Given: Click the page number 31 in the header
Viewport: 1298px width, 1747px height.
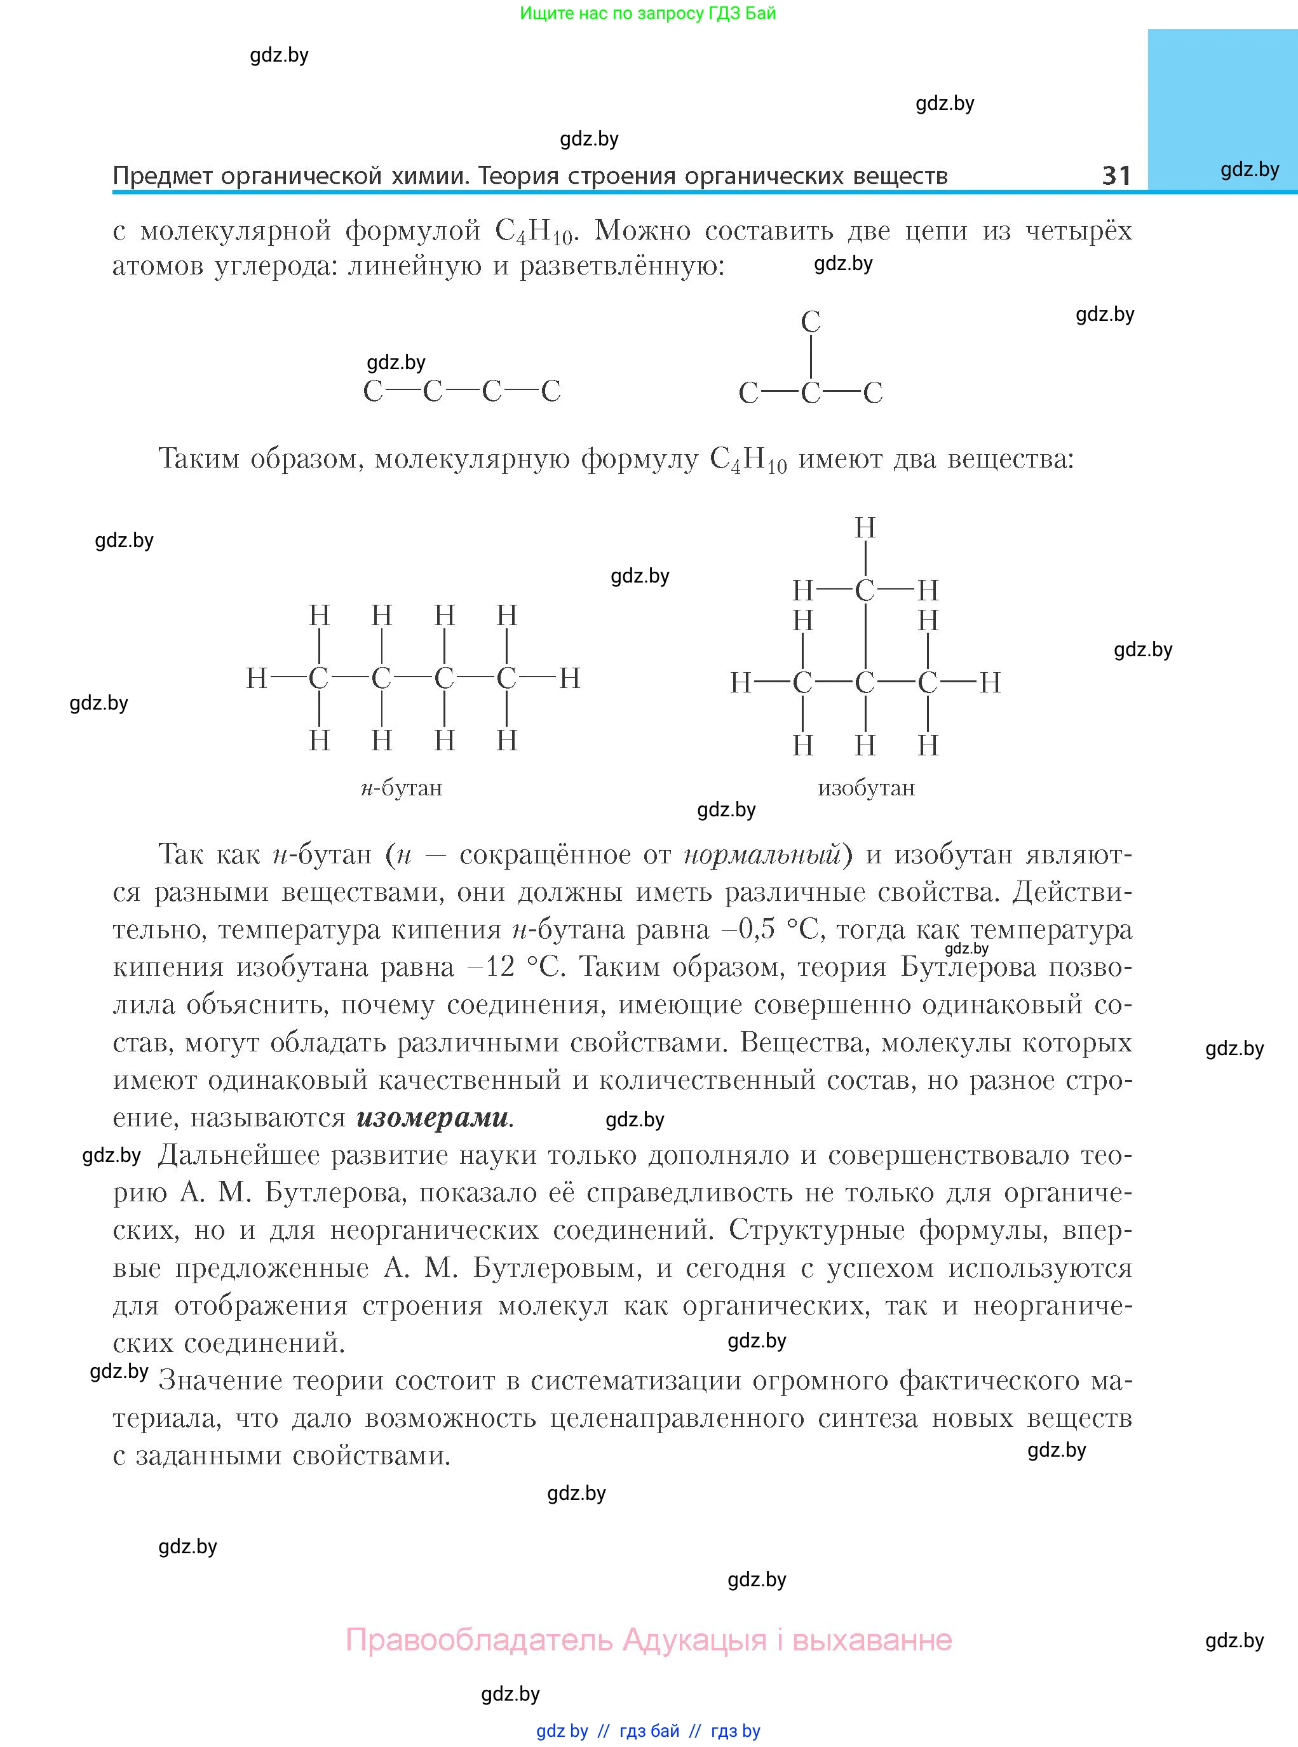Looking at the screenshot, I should pos(1116,175).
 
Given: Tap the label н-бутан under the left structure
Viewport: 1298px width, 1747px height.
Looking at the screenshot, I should pos(402,788).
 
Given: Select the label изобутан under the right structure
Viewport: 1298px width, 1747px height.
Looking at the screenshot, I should pos(866,788).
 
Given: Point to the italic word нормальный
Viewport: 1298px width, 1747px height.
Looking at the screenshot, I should pos(762,854).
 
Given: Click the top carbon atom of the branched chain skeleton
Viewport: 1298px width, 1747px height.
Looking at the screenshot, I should pos(810,321).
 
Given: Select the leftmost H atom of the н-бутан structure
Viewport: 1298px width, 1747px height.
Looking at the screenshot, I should pos(257,678).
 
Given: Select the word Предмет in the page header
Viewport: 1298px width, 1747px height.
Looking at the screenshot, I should pos(163,175).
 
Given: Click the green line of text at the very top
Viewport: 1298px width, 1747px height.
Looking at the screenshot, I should pos(647,13).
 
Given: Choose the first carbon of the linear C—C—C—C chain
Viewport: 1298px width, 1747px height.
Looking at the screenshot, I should pos(372,391).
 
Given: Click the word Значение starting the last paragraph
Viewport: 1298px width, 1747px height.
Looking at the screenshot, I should pos(216,1381).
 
